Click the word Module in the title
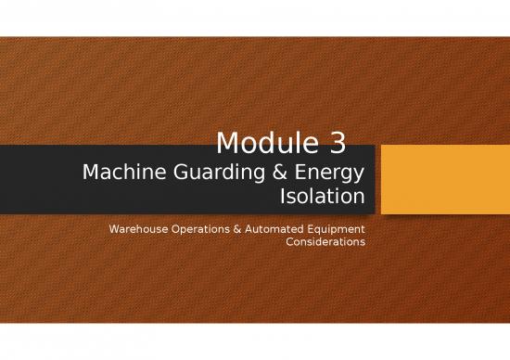(x=268, y=143)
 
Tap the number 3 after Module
(x=338, y=143)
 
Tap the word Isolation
(x=322, y=196)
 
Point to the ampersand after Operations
(x=240, y=228)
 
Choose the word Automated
(x=275, y=228)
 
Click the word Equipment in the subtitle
(x=336, y=228)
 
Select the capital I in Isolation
(x=281, y=196)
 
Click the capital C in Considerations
(x=290, y=241)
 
